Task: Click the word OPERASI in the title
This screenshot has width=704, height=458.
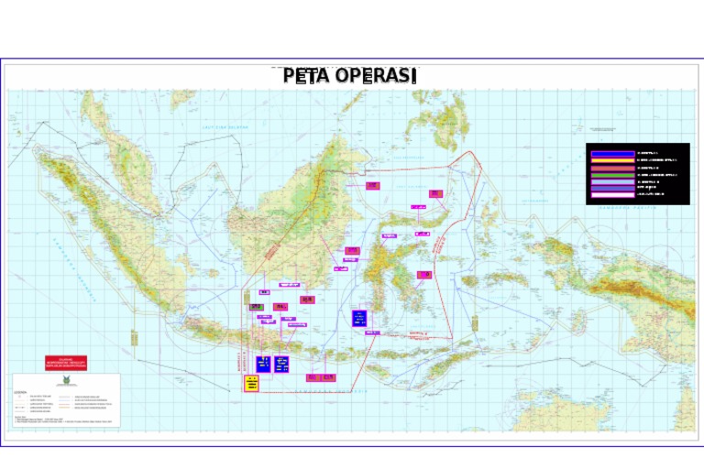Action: coord(376,76)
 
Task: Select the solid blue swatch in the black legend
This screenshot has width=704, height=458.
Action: coord(611,153)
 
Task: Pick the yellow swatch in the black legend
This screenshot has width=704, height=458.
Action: coord(611,159)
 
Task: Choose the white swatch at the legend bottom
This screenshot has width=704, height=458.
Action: coord(611,194)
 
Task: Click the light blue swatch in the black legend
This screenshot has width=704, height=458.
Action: coord(611,181)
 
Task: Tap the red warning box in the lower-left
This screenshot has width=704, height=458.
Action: coord(66,363)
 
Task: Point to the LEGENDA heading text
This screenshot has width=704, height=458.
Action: coord(21,391)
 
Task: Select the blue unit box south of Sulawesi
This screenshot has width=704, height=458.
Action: coord(360,318)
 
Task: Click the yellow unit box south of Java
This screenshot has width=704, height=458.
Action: coord(251,383)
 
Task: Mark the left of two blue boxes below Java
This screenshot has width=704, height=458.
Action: coord(264,363)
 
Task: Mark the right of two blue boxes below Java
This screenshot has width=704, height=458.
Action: coord(282,363)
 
